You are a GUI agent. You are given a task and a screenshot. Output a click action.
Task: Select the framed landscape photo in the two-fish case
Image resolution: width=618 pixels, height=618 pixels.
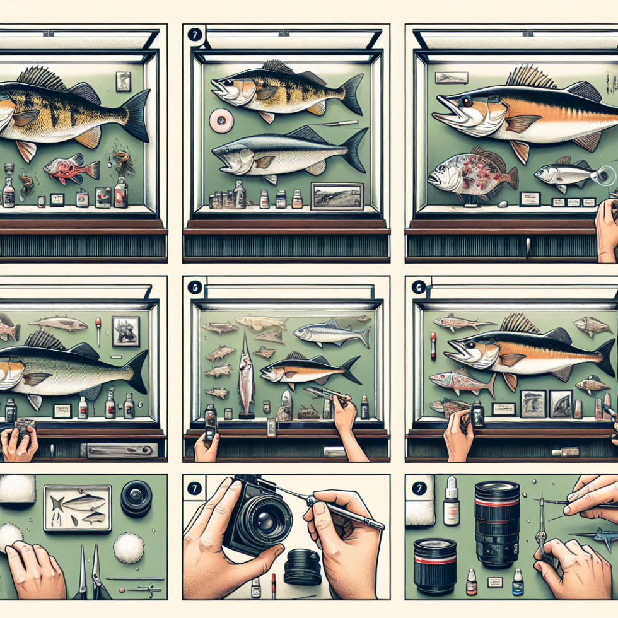click(337, 197)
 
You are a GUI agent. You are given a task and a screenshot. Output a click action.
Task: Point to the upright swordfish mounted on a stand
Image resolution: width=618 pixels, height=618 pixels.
click(246, 375)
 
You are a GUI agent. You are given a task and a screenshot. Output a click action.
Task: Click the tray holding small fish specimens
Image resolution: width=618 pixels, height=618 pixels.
click(77, 508)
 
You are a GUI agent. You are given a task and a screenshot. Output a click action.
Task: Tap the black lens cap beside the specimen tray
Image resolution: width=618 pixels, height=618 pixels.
click(136, 499)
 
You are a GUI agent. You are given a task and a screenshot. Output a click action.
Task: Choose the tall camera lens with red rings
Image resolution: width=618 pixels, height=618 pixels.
click(497, 523)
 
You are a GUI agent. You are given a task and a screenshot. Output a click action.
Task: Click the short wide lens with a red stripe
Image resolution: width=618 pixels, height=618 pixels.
click(434, 565)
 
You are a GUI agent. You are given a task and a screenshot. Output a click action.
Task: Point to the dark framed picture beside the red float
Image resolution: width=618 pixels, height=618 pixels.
click(125, 330)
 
